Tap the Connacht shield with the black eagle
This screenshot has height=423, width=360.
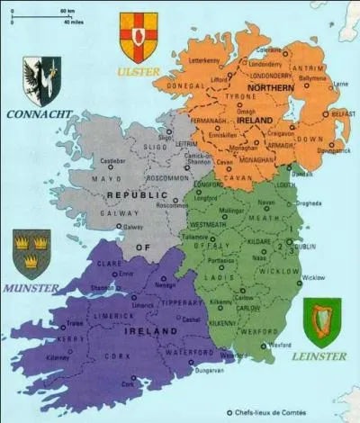click(x=42, y=80)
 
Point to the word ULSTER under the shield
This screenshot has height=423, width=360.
click(x=137, y=69)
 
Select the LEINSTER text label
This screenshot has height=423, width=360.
click(x=319, y=357)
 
